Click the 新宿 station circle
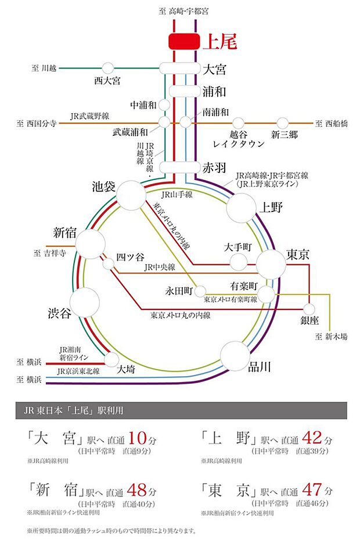[x=91, y=244]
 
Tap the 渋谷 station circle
[x=85, y=301]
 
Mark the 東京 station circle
[x=272, y=264]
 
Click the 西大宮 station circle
[x=107, y=68]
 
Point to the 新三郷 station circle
[x=283, y=123]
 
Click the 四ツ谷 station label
[x=129, y=255]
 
